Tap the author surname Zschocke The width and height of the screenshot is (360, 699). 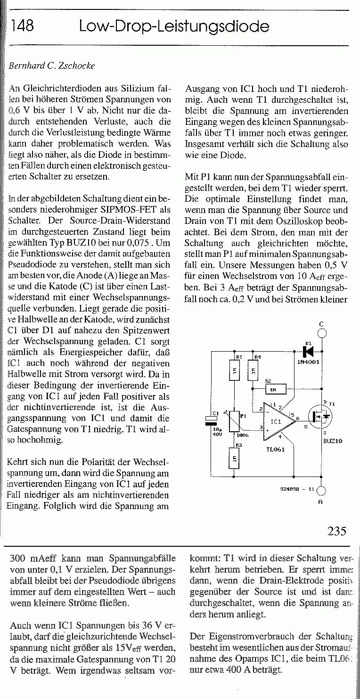tap(77, 66)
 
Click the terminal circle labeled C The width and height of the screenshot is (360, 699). tap(322, 333)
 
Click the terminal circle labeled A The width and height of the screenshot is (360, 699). tap(321, 491)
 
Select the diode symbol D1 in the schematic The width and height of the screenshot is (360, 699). tap(309, 351)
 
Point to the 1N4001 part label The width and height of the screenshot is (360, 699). tap(309, 362)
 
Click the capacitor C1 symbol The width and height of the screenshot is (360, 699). tap(211, 421)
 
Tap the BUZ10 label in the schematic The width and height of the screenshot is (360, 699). tap(333, 441)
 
